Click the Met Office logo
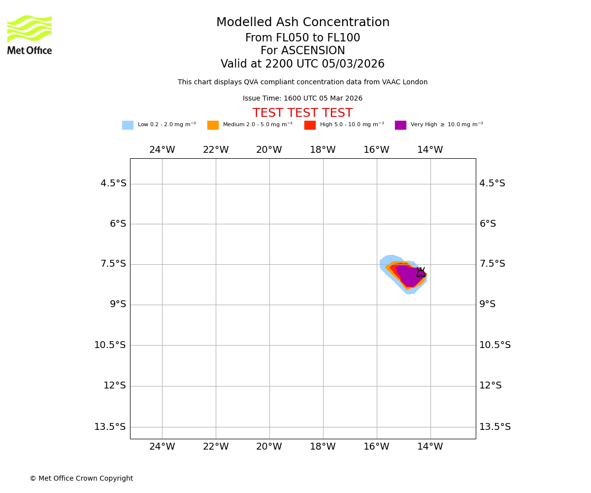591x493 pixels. coord(30,35)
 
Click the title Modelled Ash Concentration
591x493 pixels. coord(302,23)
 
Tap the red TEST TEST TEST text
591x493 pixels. coord(302,113)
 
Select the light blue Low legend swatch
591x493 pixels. coord(128,125)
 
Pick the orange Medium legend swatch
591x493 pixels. coord(213,125)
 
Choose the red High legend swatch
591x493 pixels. coord(310,125)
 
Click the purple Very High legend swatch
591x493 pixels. coord(400,125)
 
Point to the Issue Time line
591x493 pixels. coord(302,99)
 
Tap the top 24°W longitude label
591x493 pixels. coord(162,150)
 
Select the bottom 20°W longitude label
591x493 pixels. coord(269,447)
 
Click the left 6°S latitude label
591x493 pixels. coord(118,224)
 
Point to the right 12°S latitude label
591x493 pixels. coord(491,386)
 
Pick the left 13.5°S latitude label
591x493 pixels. coord(110,427)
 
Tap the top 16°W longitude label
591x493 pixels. coord(376,150)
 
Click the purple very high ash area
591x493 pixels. coord(408,276)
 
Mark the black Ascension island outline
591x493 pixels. coord(421,273)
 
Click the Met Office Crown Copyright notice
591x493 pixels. coord(81,479)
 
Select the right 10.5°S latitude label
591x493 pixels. coord(495,345)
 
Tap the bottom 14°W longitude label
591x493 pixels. coord(430,447)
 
